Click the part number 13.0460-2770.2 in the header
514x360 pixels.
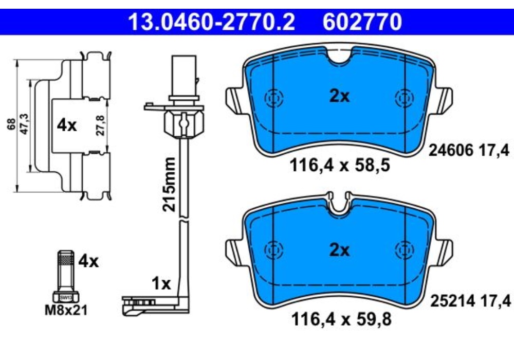[211, 22]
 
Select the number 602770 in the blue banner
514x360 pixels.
[362, 22]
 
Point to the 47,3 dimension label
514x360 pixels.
[23, 125]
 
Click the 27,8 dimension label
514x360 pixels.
[101, 125]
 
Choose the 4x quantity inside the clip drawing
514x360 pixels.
[67, 125]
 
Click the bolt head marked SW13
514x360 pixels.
[66, 297]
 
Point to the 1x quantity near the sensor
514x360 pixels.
[161, 283]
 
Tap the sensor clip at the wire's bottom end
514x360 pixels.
[139, 305]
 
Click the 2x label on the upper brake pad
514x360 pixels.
[339, 96]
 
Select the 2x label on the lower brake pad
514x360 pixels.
[339, 250]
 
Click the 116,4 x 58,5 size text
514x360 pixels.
[340, 166]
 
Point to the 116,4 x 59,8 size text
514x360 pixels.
[340, 320]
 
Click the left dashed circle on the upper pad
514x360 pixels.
[272, 98]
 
